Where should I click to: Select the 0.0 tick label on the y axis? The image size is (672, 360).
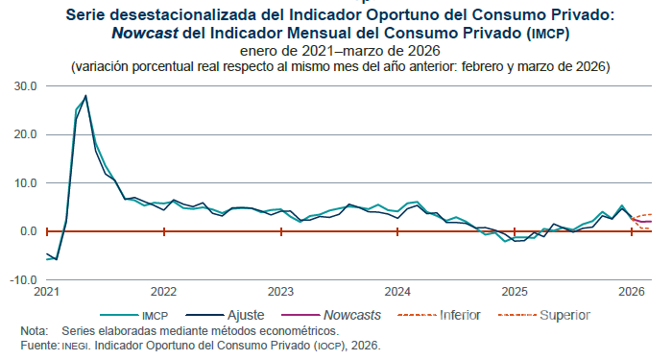(x=28, y=231)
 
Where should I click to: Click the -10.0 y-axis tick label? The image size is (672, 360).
(x=22, y=280)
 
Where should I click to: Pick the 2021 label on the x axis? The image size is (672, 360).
(x=47, y=291)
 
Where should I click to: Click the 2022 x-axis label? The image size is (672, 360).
(x=163, y=291)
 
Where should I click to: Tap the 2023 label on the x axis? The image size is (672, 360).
(x=280, y=291)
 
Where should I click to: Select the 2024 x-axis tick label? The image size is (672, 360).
(x=397, y=291)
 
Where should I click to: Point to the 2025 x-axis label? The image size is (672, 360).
(x=515, y=291)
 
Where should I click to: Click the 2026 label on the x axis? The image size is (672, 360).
(x=631, y=291)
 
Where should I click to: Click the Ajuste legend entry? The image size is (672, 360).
(x=245, y=315)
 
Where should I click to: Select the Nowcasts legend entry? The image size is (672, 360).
(x=351, y=315)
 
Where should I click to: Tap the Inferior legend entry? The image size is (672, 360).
(x=462, y=315)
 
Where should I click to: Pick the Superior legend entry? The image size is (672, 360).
(x=564, y=315)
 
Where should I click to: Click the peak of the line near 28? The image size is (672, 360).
(x=85, y=96)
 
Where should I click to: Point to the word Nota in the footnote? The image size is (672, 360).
(x=33, y=331)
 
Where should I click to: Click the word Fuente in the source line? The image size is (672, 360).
(x=37, y=345)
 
